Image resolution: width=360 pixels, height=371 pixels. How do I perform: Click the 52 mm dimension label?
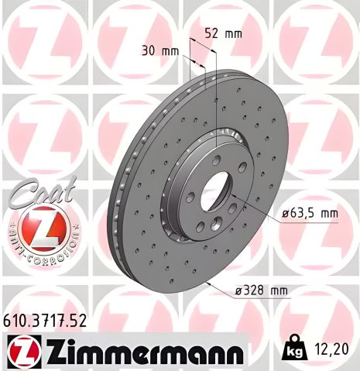click(224, 33)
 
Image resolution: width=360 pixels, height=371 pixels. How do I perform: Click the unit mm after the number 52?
click(233, 33)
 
